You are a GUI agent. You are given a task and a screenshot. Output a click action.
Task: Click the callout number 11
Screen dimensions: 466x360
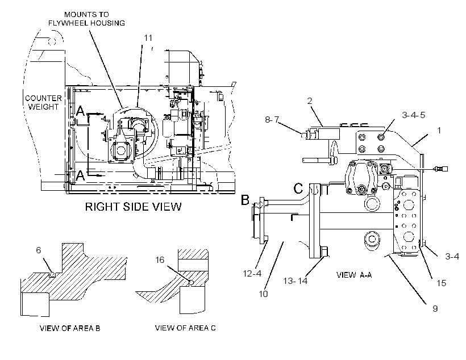tap(148, 38)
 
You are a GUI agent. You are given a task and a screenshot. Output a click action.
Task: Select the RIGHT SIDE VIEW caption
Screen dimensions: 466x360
tap(133, 207)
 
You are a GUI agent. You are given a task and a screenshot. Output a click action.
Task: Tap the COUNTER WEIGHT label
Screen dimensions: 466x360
tap(43, 102)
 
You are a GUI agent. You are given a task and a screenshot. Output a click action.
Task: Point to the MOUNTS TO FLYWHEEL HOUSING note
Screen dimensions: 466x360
tap(86, 19)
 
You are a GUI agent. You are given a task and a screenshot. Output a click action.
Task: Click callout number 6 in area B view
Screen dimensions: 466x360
tap(38, 250)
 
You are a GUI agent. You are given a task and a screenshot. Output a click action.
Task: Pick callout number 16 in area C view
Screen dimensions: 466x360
tap(160, 260)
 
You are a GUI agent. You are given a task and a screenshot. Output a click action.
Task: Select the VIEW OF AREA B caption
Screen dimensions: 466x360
tap(70, 328)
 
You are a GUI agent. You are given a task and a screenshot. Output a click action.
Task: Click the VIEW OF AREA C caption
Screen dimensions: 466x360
tap(185, 328)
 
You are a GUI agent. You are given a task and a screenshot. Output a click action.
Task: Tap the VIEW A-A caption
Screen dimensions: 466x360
tap(354, 275)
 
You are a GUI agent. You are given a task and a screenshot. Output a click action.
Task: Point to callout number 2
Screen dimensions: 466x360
tap(310, 101)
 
